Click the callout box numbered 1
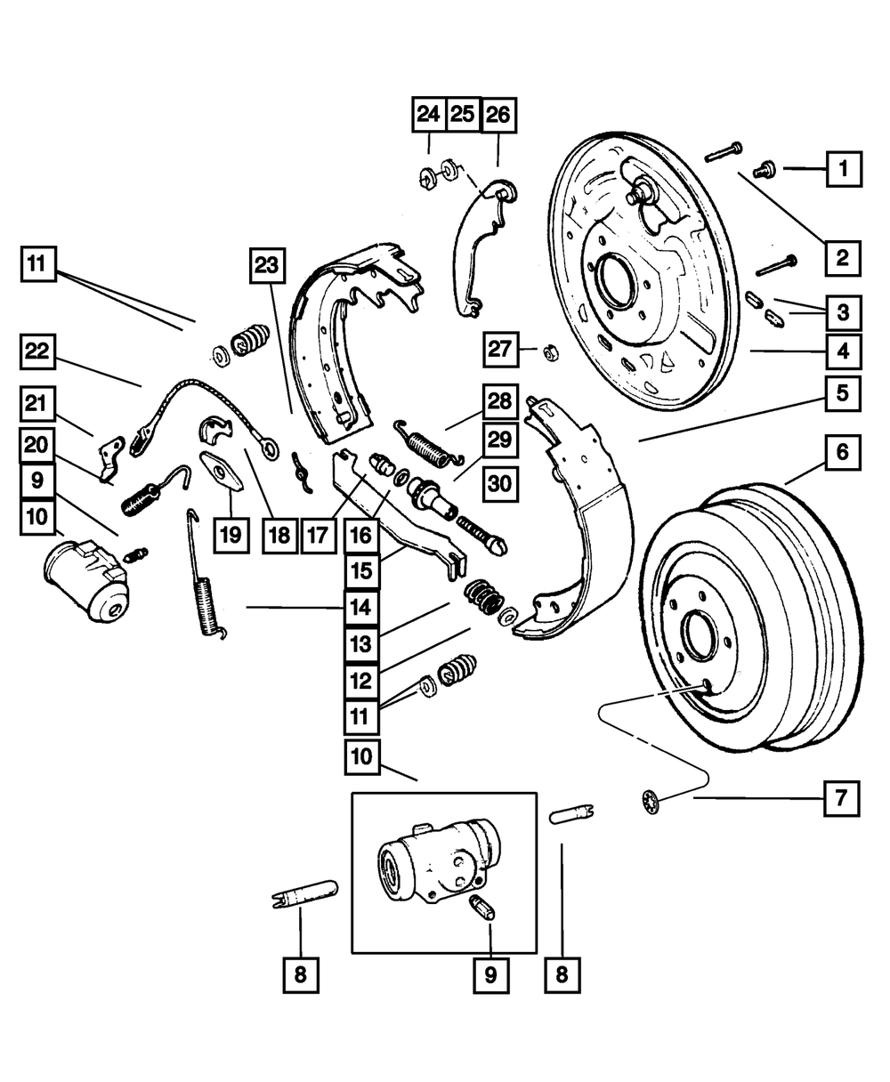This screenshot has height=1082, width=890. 843,167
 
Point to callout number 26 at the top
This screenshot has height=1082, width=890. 498,114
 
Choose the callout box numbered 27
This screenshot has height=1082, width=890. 500,349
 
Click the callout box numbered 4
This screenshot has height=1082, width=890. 842,351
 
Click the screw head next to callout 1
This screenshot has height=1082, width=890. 763,166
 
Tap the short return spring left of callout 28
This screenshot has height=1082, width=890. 430,440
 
